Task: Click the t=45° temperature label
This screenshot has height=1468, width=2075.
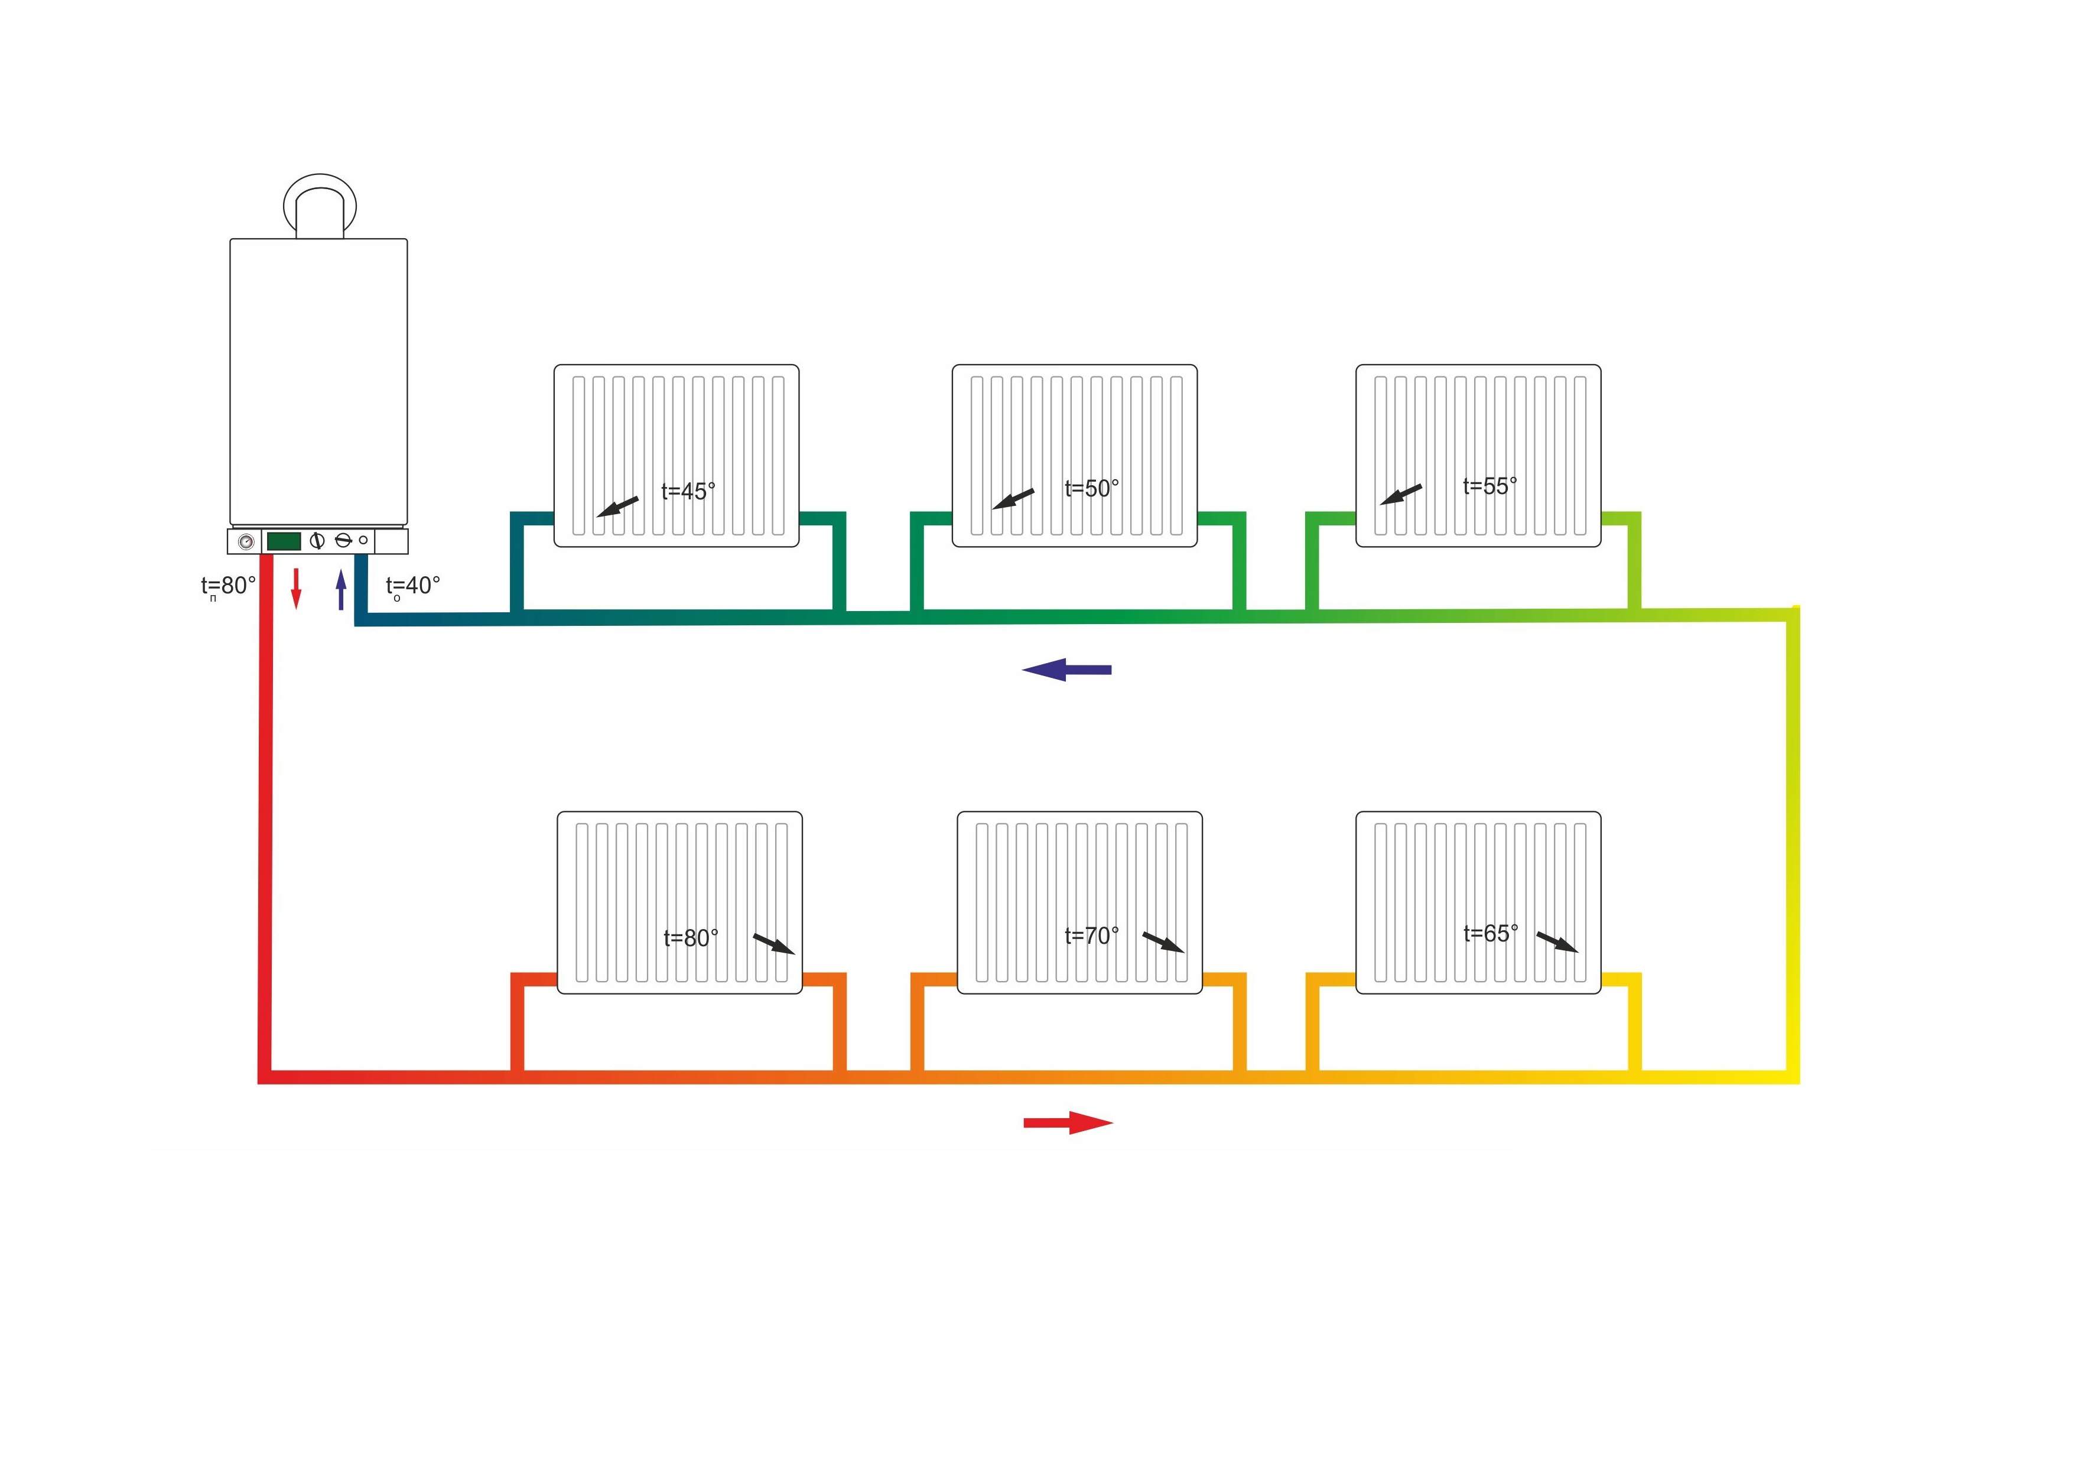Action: tap(689, 492)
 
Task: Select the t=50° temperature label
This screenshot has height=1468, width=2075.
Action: tap(1092, 488)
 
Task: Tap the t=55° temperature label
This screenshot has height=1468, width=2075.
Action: tap(1490, 486)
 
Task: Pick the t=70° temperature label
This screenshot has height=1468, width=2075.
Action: tap(1092, 935)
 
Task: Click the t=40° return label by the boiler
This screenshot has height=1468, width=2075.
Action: tap(413, 587)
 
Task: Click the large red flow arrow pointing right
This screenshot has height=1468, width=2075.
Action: tap(1068, 1123)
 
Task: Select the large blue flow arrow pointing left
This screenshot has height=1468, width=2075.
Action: tap(1066, 670)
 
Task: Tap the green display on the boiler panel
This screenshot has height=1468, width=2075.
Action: tap(284, 541)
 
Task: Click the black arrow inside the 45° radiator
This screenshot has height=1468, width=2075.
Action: tap(618, 506)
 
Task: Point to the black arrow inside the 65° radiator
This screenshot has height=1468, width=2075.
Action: tap(1557, 942)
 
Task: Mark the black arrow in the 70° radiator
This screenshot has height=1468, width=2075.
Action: tap(1163, 942)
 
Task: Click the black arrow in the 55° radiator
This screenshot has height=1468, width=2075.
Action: tap(1401, 495)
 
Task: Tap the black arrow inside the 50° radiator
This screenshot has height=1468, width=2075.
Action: tap(1013, 498)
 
